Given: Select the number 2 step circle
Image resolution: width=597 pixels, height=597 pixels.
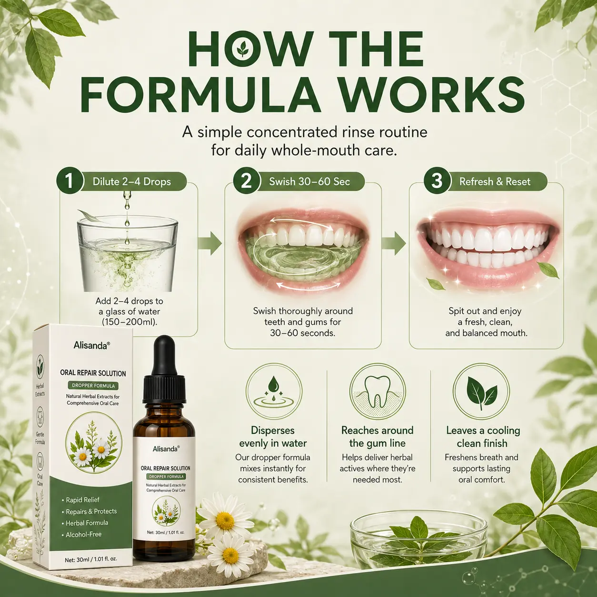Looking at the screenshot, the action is coord(246,180).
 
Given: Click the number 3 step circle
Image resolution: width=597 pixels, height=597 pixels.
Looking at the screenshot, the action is coord(437,180).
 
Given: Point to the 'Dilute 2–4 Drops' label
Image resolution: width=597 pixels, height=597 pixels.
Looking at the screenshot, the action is coord(132,181).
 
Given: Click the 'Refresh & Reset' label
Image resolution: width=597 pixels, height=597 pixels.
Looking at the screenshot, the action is coord(495,181).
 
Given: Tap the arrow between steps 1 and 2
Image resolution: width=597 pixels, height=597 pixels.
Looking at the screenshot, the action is coord(210,243).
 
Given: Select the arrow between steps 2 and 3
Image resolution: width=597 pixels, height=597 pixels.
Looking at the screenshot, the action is coord(394,243).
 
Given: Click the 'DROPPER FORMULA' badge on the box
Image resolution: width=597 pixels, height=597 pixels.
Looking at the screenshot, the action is coord(93,386).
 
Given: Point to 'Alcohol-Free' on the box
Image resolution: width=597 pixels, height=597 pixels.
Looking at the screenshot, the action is coord(83,535).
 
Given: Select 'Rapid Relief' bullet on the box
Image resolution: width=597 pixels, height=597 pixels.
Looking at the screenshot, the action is coord(82,500).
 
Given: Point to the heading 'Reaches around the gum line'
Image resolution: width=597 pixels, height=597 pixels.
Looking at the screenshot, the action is coord(378,437).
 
